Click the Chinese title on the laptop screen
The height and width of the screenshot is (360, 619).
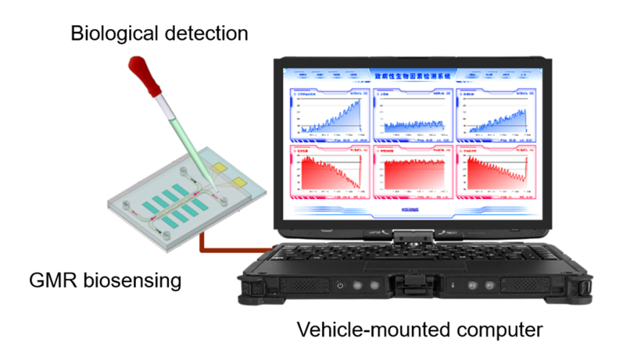click(x=410, y=75)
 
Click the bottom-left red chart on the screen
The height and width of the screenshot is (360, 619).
click(x=329, y=173)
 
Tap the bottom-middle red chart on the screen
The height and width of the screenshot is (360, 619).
click(x=412, y=173)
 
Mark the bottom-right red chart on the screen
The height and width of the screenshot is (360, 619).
click(x=496, y=173)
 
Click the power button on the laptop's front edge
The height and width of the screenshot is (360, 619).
click(x=341, y=286)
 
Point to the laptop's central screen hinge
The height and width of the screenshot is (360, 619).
click(x=412, y=236)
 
